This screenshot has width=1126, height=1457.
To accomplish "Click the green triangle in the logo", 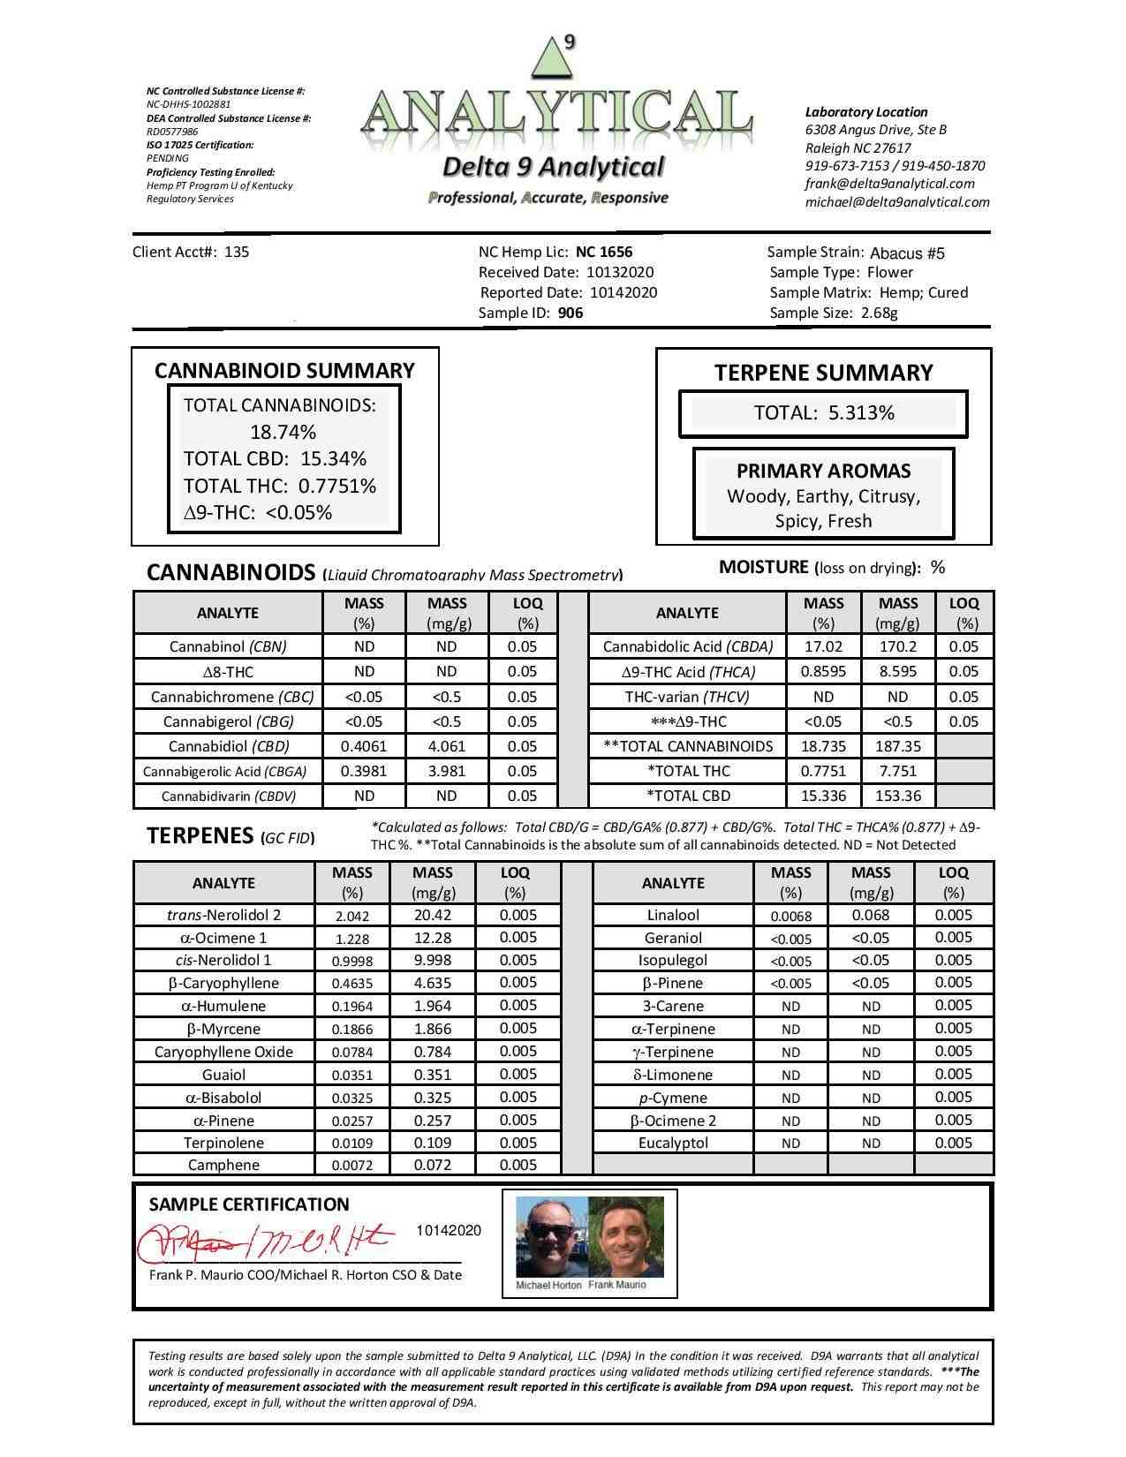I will tap(549, 59).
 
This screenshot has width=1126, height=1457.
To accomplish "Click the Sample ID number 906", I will tap(571, 313).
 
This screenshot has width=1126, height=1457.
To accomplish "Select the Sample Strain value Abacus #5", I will tap(907, 253).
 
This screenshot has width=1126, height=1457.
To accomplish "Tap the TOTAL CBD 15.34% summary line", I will tap(275, 459).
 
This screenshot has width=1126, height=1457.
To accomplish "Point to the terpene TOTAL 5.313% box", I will tap(823, 413).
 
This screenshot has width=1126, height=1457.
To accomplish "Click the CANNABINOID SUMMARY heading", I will tap(284, 371).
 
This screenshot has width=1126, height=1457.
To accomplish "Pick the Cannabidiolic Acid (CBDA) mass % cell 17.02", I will tap(823, 646).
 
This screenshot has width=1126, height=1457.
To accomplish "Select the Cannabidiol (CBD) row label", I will tap(228, 746).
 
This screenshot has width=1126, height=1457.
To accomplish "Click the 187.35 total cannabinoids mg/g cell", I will tap(897, 746).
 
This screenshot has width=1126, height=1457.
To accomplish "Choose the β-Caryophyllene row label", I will tap(223, 983).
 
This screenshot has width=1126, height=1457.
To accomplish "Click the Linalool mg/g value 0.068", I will tap(871, 916).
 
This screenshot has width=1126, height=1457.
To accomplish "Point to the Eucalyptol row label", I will tap(673, 1143).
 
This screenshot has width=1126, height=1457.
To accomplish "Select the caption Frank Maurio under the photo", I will tap(616, 1285).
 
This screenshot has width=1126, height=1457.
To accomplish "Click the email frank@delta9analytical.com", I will tap(889, 184).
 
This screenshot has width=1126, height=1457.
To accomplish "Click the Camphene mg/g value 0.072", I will tap(433, 1165).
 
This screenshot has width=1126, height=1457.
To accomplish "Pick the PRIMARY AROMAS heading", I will tap(823, 472).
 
